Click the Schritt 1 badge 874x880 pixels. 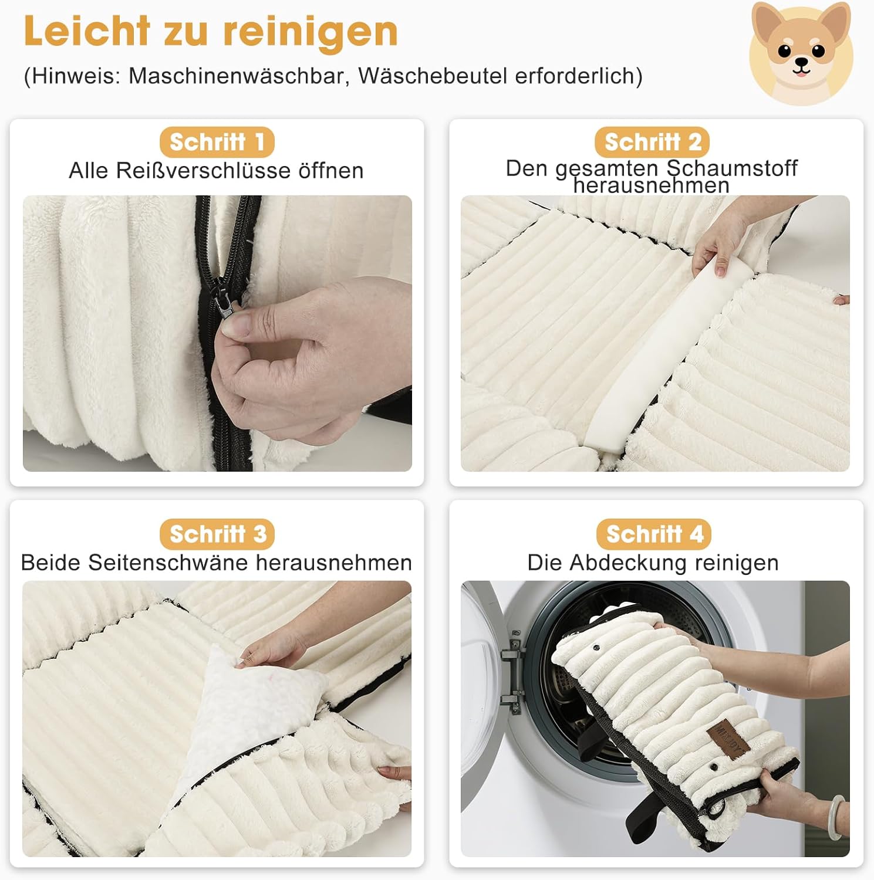click(217, 142)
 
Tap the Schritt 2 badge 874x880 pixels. click(652, 142)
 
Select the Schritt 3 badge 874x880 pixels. click(217, 534)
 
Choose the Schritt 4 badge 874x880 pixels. click(653, 534)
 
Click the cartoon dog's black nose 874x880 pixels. click(802, 62)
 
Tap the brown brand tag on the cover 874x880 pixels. click(728, 738)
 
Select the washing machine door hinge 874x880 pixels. click(512, 672)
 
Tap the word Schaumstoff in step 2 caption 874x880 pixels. click(732, 168)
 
